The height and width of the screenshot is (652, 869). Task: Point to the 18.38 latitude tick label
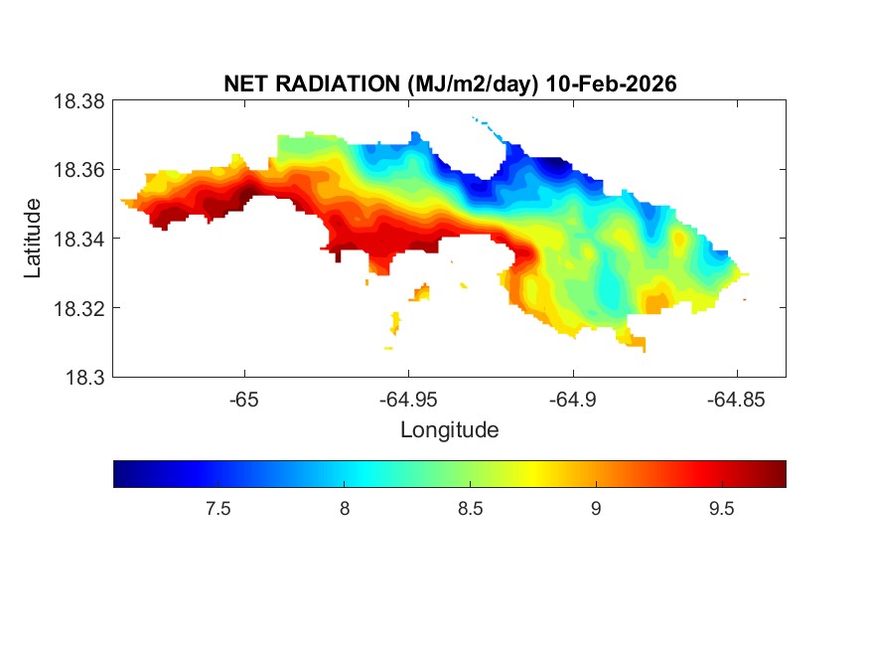[x=79, y=101]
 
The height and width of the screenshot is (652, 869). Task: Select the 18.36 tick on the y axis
[x=79, y=170]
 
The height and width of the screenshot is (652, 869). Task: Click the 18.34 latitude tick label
[x=79, y=239]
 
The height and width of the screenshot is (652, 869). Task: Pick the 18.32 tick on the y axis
[x=79, y=308]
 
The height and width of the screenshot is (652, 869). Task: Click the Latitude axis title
[x=33, y=239]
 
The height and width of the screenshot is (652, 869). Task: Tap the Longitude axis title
[x=449, y=430]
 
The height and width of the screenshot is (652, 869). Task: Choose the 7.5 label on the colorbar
[x=217, y=509]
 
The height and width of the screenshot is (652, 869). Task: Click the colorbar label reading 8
[x=344, y=509]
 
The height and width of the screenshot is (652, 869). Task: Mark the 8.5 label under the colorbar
[x=470, y=509]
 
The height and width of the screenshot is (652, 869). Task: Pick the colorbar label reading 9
[x=595, y=509]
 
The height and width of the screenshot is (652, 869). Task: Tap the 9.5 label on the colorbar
[x=721, y=509]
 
